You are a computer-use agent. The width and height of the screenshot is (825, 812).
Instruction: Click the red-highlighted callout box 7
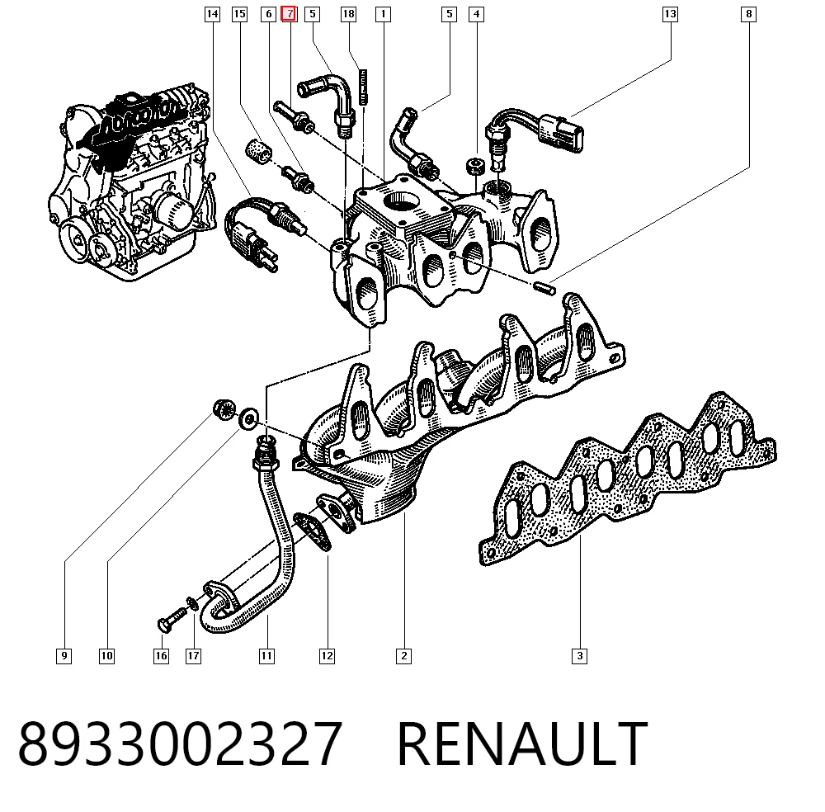(290, 14)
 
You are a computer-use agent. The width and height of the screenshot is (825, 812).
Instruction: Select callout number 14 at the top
(212, 14)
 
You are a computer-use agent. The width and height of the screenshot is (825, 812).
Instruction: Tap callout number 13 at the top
(670, 14)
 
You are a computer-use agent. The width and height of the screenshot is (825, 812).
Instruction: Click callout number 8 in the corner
(748, 14)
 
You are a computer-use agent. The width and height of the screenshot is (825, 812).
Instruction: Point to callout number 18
(348, 14)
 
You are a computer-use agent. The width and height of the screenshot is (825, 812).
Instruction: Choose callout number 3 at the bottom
(579, 656)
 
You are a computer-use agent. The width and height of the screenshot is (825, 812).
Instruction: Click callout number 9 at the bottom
(64, 656)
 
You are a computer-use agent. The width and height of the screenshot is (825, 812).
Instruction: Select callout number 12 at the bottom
(327, 656)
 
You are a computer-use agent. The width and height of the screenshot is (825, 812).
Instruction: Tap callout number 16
(161, 656)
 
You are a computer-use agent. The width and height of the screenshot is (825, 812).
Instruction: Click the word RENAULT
(522, 744)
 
